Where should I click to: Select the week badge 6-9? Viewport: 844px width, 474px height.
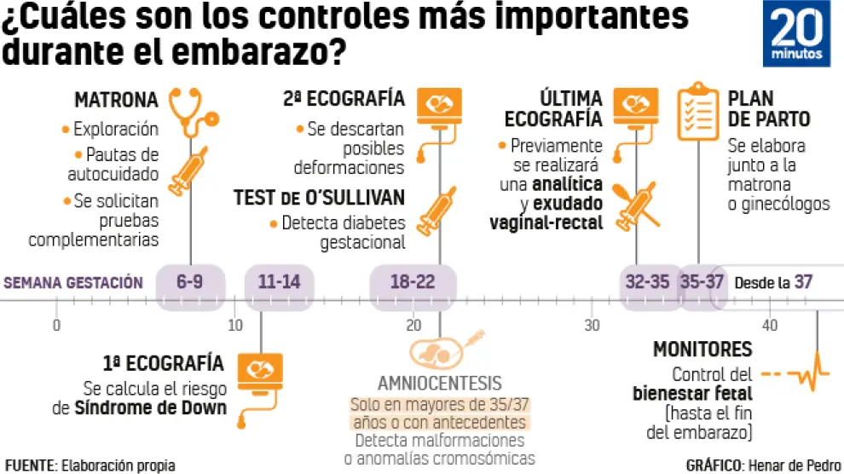pyautogui.click(x=190, y=282)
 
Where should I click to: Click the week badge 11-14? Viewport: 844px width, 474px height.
pyautogui.click(x=279, y=282)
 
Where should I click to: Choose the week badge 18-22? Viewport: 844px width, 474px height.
pyautogui.click(x=413, y=282)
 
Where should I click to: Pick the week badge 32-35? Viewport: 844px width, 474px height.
pyautogui.click(x=647, y=282)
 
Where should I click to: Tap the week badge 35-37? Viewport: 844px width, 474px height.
pyautogui.click(x=702, y=282)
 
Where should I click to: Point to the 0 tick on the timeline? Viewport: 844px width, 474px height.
pyautogui.click(x=56, y=325)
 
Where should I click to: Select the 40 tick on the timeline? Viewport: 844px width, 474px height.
pyautogui.click(x=771, y=325)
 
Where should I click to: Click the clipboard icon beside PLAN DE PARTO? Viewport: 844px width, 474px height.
pyautogui.click(x=697, y=114)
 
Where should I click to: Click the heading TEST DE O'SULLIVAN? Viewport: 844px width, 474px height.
pyautogui.click(x=319, y=199)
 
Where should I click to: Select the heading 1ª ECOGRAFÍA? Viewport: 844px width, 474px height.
pyautogui.click(x=163, y=363)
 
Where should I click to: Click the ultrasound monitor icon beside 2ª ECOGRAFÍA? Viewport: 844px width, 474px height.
pyautogui.click(x=440, y=105)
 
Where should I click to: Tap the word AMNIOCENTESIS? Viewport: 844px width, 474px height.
pyautogui.click(x=440, y=383)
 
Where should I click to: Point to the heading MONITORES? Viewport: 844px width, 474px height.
pyautogui.click(x=702, y=349)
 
